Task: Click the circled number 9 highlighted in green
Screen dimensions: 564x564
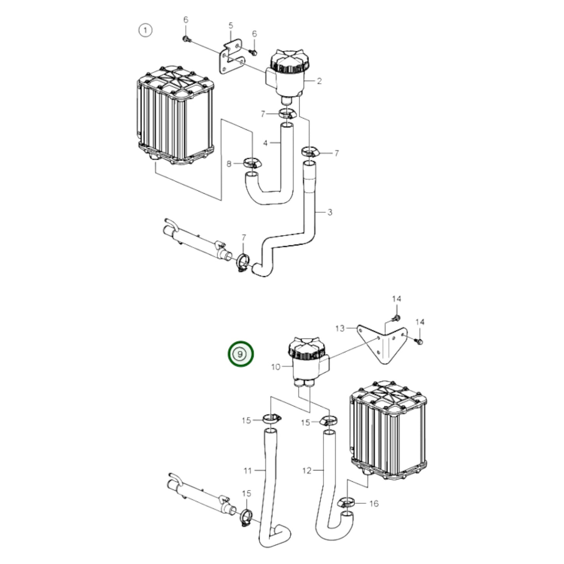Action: [241, 354]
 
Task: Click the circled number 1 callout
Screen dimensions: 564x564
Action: [145, 30]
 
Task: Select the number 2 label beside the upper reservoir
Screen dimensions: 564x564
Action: [319, 81]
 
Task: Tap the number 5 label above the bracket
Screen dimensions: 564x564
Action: [231, 25]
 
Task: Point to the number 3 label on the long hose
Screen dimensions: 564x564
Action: [330, 212]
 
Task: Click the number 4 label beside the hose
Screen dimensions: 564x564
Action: [265, 143]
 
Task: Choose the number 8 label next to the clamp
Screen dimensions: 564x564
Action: [229, 164]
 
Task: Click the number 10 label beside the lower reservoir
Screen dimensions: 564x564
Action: [276, 367]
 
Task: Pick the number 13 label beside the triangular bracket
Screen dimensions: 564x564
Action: [340, 328]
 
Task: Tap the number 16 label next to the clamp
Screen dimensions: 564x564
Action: [374, 504]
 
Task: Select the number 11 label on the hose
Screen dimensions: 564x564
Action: [248, 471]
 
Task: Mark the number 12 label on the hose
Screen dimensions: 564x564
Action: [307, 471]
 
